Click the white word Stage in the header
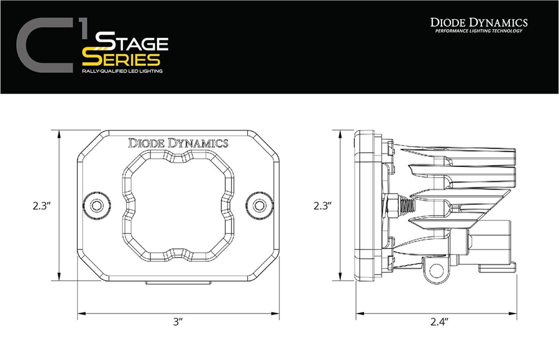132,44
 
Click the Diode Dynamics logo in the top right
479,22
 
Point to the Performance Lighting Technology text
479,31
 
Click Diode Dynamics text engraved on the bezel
178,143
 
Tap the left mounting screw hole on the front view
96,205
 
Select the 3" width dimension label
178,322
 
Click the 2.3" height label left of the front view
42,205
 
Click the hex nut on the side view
393,204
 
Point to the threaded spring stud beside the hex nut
406,204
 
